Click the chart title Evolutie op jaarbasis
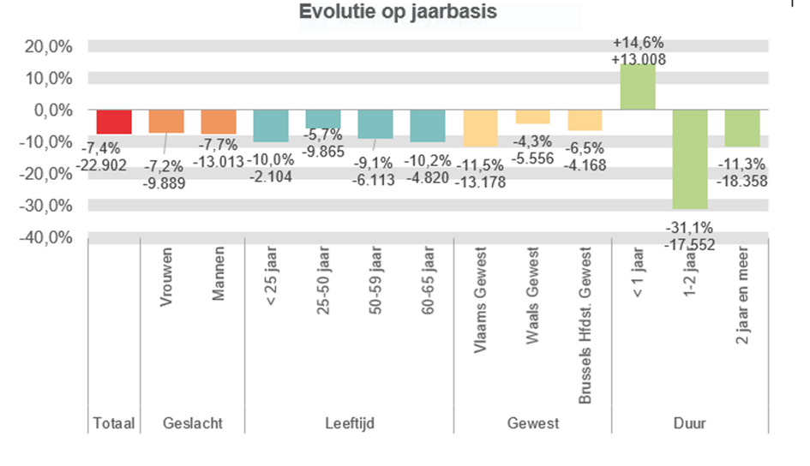(x=399, y=13)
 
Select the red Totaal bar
(x=114, y=122)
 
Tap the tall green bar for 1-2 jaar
(x=690, y=159)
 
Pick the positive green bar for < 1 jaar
(x=638, y=87)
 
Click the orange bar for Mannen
(x=219, y=122)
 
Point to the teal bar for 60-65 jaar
(x=428, y=126)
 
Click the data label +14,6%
(x=639, y=43)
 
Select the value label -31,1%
(x=690, y=229)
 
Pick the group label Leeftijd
(x=349, y=423)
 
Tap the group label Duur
(x=690, y=423)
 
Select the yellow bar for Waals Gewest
(x=532, y=117)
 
